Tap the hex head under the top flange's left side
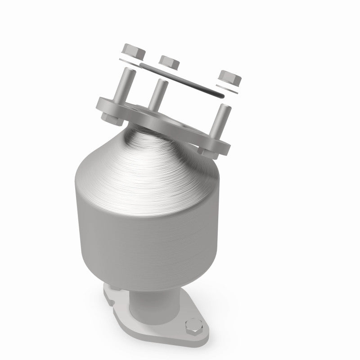(110, 119)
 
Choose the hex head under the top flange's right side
(207, 152)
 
